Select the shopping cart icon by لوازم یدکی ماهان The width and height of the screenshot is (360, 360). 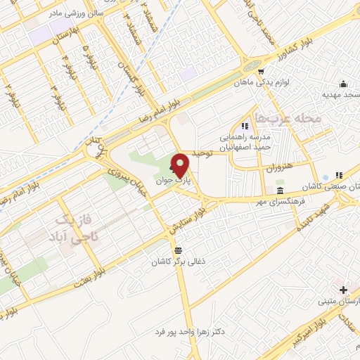[x=262, y=72]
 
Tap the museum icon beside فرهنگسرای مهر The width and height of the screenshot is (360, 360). [x=281, y=191]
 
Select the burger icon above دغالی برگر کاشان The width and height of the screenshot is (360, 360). [x=179, y=250]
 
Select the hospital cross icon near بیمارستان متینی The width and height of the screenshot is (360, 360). [x=342, y=290]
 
